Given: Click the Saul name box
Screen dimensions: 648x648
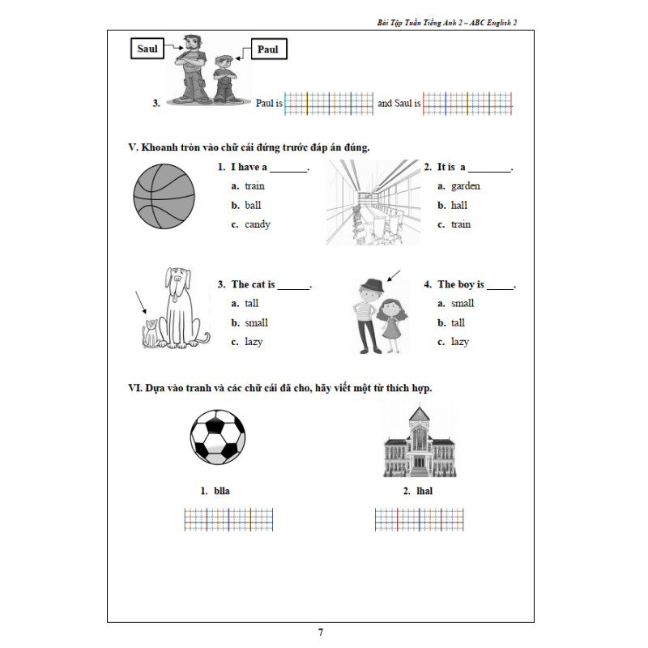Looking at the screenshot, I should [147, 49].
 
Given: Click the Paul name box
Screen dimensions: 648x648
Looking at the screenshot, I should [267, 50].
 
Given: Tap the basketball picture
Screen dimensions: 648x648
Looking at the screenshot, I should [164, 197].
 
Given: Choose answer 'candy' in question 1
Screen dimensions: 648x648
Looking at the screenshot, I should [257, 224].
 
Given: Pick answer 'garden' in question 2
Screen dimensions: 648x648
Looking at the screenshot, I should [465, 185].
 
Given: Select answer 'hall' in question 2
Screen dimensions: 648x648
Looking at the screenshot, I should [459, 205].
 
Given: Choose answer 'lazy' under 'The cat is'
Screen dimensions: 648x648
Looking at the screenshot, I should [254, 342].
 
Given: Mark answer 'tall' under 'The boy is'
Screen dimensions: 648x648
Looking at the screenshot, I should [459, 322].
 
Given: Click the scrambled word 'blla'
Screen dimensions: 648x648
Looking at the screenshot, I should [222, 491].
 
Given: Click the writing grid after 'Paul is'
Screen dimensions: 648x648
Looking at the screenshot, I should [329, 104].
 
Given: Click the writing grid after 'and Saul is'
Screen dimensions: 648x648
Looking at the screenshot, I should [467, 104].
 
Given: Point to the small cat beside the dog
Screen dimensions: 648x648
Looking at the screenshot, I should [150, 332].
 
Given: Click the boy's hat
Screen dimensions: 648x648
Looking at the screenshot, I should [372, 285].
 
